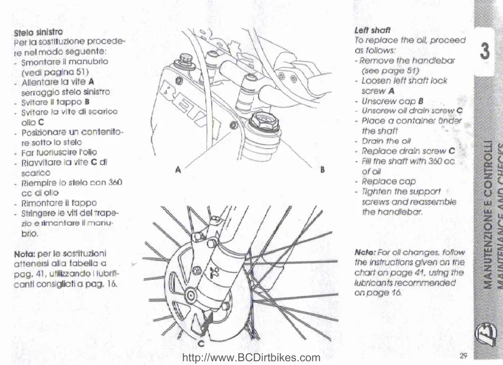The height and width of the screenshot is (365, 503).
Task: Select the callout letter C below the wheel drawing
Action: coord(201,344)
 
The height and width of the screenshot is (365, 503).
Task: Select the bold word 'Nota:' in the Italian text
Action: coord(25,254)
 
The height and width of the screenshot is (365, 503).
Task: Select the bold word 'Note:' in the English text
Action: coord(365,253)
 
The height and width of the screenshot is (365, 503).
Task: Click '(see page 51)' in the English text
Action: coord(390,70)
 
